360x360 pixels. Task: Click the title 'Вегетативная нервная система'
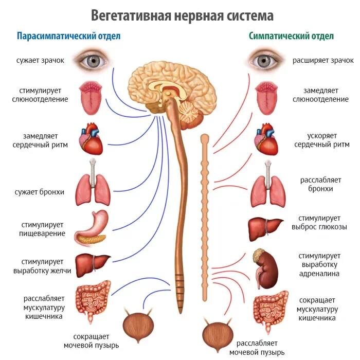pyautogui.click(x=182, y=15)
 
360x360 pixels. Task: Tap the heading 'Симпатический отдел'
pyautogui.click(x=291, y=37)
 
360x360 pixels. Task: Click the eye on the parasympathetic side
pyautogui.click(x=92, y=60)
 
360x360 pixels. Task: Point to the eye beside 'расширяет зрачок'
pyautogui.click(x=267, y=60)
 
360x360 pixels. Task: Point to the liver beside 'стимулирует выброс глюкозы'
pyautogui.click(x=265, y=226)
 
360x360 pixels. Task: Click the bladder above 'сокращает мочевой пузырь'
pyautogui.click(x=136, y=325)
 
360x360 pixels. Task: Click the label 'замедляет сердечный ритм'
pyautogui.click(x=44, y=140)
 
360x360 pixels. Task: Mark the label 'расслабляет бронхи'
pyautogui.click(x=316, y=185)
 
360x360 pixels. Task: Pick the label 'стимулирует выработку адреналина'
pyautogui.click(x=319, y=264)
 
